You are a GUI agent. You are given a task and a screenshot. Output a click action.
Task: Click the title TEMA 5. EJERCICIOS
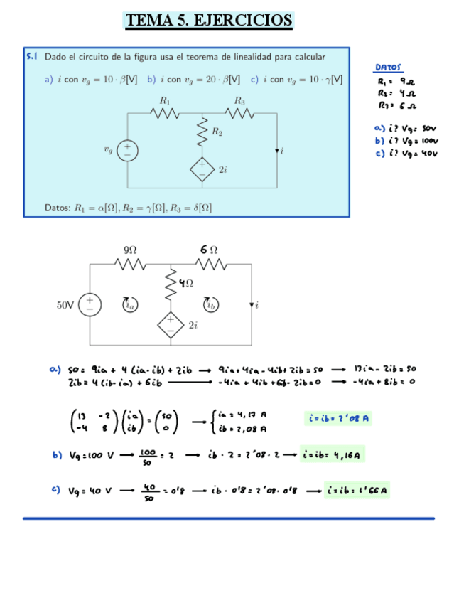(207, 20)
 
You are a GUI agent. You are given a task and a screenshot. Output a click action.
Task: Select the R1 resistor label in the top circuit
(165, 100)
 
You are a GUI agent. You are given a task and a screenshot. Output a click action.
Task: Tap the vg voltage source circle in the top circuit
(128, 150)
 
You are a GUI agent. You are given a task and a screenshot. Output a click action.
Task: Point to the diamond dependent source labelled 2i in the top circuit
(202, 169)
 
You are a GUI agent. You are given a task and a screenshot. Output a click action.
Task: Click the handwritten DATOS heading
(389, 68)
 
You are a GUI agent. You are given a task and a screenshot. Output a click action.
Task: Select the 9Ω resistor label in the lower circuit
(130, 250)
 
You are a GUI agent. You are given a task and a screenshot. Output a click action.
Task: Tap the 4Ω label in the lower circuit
(185, 283)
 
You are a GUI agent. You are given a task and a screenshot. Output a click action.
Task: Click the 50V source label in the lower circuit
(65, 305)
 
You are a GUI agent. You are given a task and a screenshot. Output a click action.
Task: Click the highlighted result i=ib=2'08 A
(338, 418)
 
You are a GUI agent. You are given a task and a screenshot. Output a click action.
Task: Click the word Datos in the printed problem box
(57, 208)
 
